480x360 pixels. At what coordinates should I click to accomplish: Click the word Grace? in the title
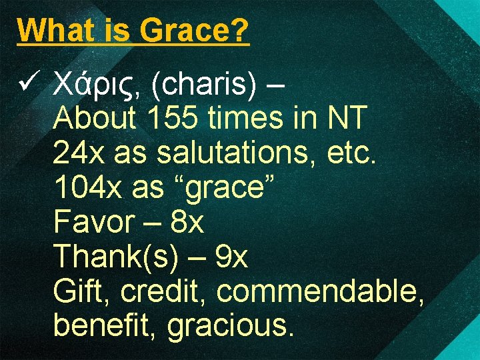tap(194, 30)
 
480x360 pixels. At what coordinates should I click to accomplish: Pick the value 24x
tap(79, 153)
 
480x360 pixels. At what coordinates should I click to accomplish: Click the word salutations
tap(238, 153)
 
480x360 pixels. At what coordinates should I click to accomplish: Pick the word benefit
tap(105, 326)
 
